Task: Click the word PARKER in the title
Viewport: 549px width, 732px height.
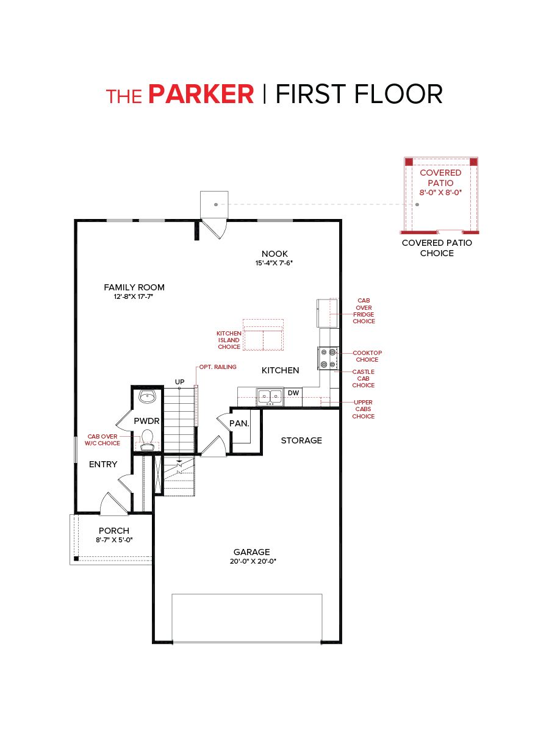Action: point(201,95)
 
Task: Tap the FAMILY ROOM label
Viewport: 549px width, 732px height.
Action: point(134,287)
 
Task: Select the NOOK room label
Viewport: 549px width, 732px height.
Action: point(274,254)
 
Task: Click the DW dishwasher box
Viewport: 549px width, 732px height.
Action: point(293,393)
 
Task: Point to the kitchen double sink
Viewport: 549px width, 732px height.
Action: point(270,396)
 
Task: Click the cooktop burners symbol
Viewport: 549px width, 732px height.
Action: point(328,358)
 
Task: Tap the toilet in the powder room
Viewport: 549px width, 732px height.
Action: point(146,439)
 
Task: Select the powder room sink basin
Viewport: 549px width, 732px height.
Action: point(147,397)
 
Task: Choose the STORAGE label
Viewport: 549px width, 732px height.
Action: point(301,440)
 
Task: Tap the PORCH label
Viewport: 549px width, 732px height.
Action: point(114,531)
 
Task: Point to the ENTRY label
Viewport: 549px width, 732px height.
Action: point(103,464)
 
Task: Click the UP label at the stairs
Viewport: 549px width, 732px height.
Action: point(180,382)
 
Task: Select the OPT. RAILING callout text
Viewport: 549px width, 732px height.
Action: point(218,367)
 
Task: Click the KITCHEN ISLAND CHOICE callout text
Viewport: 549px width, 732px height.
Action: point(229,340)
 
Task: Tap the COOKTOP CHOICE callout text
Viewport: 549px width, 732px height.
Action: point(367,356)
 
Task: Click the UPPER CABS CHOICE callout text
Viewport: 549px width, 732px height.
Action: point(363,409)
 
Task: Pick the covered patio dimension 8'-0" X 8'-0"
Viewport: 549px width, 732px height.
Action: point(440,193)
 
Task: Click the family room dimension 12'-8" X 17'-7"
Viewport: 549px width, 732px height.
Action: point(134,297)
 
